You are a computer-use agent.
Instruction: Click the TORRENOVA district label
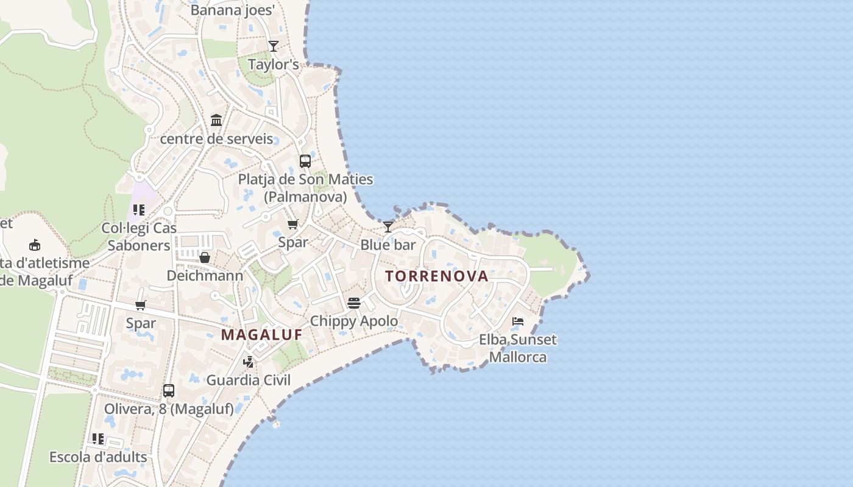437,276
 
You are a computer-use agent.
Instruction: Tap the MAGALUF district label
261,334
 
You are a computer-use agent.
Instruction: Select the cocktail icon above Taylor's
274,46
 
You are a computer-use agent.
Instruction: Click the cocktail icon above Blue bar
388,227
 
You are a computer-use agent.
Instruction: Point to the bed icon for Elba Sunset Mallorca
518,321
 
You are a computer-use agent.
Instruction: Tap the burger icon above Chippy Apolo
354,303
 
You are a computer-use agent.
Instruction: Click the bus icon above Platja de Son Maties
305,161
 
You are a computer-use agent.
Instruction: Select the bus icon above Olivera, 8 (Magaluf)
169,391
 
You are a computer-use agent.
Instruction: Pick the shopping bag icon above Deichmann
205,258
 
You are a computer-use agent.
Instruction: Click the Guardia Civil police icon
249,362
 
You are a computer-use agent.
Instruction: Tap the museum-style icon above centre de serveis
216,121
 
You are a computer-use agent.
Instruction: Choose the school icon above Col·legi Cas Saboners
139,210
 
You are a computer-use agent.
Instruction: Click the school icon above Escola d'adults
98,438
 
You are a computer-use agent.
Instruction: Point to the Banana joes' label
233,10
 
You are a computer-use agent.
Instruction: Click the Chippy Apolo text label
354,321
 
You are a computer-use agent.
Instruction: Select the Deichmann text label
205,275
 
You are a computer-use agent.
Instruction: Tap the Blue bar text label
388,245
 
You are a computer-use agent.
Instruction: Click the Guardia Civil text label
249,380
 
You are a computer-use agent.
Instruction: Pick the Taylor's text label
274,64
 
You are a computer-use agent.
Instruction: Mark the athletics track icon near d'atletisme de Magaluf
35,245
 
